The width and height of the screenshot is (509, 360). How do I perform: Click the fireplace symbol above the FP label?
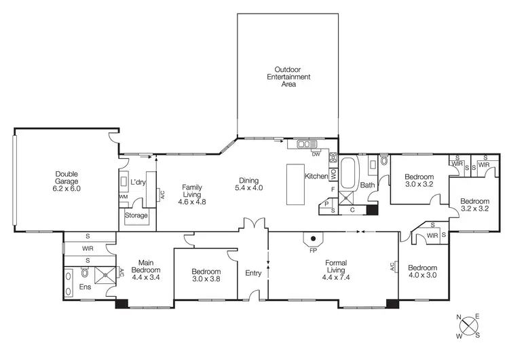pos(313,238)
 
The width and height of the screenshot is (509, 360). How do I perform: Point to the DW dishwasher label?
pos(316,154)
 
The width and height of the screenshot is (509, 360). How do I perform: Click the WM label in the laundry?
pos(124,197)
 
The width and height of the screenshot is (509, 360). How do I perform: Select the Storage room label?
pos(136,215)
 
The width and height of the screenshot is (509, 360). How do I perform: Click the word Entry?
pos(253,273)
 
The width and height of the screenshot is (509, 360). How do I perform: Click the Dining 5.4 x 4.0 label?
pos(248,183)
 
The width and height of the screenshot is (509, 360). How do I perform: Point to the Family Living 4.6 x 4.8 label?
pos(191,194)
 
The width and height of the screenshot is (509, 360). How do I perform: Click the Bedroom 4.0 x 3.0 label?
pos(422,271)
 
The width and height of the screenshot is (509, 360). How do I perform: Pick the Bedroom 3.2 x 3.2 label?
pos(474,205)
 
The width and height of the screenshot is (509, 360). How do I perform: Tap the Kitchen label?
pos(316,176)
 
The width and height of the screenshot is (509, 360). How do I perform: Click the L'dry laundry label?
pos(138,182)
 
